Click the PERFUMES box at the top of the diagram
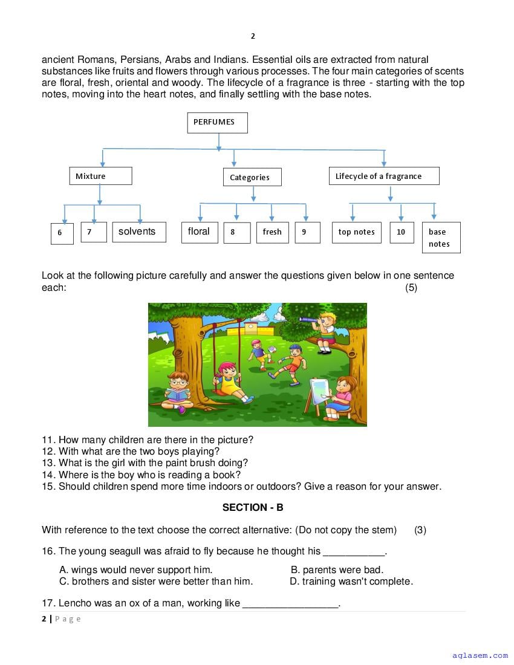217,123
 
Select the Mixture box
100,176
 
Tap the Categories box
252,177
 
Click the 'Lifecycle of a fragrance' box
383,176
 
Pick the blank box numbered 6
62,233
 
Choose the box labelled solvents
139,232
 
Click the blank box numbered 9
307,232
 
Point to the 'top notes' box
356,232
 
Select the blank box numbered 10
401,232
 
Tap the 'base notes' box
441,238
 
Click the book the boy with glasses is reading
177,395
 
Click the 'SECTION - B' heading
253,507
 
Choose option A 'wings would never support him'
135,569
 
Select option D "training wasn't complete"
351,582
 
